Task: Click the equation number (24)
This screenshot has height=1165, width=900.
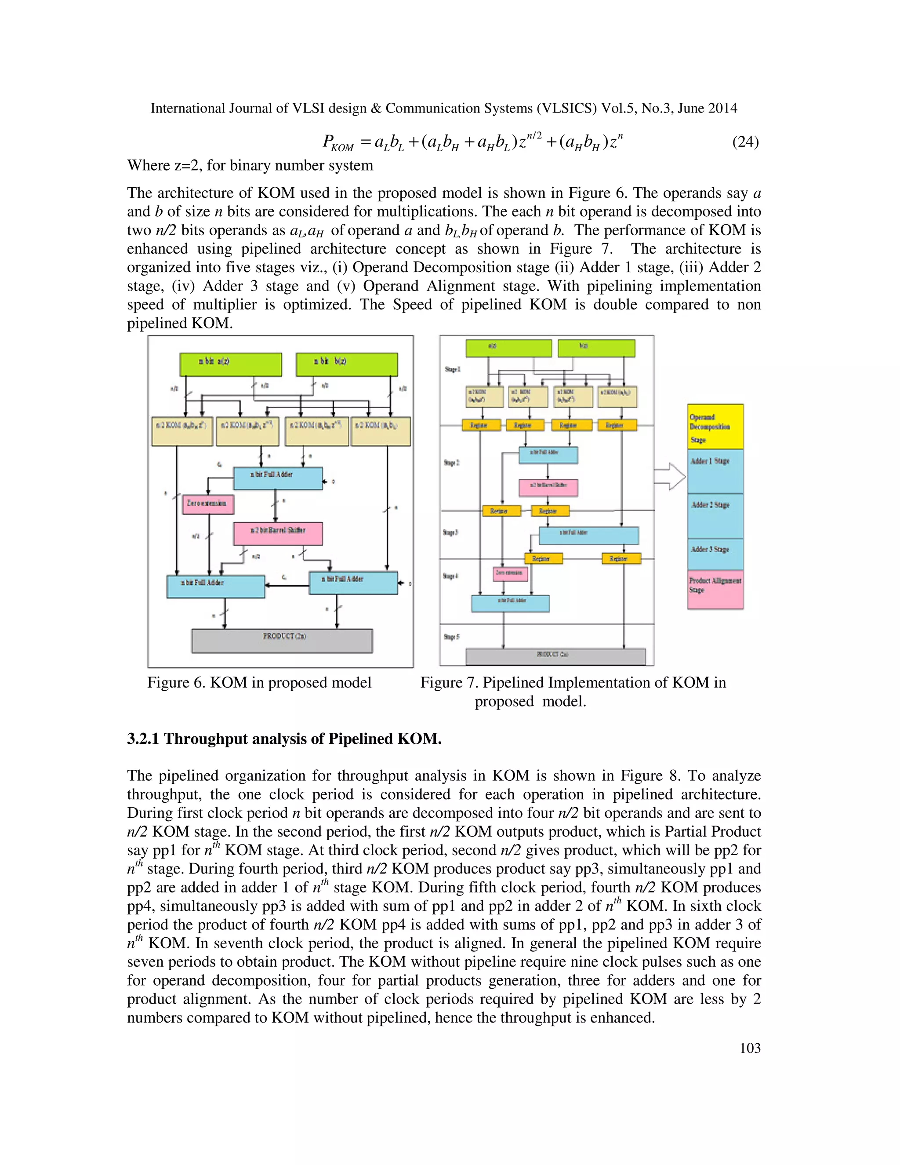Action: point(745,142)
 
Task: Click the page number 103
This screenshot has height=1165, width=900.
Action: point(750,1048)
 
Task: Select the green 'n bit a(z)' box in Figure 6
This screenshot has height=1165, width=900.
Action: point(230,364)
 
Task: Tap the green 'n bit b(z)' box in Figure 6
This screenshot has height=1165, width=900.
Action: point(347,364)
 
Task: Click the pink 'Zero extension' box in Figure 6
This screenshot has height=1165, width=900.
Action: point(208,503)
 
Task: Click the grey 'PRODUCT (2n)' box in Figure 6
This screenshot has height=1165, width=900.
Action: point(282,640)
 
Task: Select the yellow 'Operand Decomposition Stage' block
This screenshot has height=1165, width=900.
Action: point(715,427)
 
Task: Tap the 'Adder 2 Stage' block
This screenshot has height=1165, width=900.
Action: point(715,516)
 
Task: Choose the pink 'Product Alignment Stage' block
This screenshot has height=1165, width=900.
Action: point(715,589)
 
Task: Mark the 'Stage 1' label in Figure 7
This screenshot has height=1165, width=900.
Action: point(452,369)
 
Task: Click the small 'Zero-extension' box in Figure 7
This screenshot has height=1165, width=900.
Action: point(511,573)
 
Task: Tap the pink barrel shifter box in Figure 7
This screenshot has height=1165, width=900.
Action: point(548,487)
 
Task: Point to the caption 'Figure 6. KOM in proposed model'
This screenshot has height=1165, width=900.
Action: point(259,683)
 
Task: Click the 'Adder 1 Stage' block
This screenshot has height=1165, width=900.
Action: point(715,471)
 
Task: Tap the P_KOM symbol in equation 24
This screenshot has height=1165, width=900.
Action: point(337,143)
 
